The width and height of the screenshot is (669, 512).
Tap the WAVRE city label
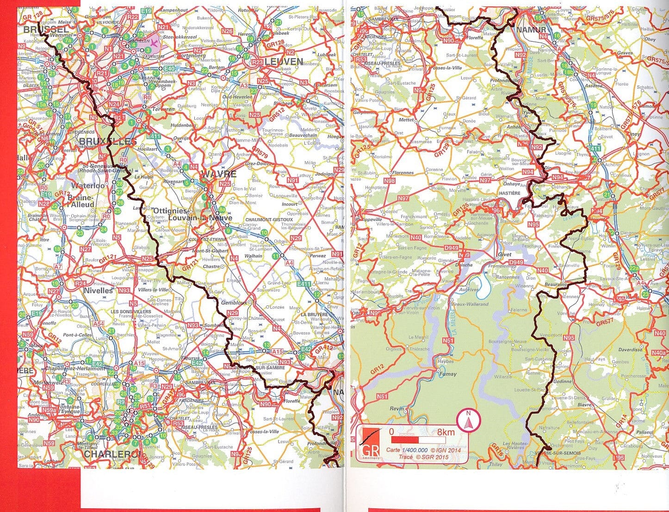pyautogui.click(x=218, y=175)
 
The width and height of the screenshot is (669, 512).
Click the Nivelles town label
pyautogui.click(x=98, y=290)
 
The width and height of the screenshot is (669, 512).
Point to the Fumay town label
pyautogui.click(x=447, y=374)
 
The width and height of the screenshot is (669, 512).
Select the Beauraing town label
pyautogui.click(x=556, y=285)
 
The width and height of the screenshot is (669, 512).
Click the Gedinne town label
pyautogui.click(x=562, y=382)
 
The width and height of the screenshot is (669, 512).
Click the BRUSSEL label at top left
pyautogui.click(x=46, y=29)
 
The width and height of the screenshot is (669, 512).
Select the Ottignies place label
pyautogui.click(x=167, y=210)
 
